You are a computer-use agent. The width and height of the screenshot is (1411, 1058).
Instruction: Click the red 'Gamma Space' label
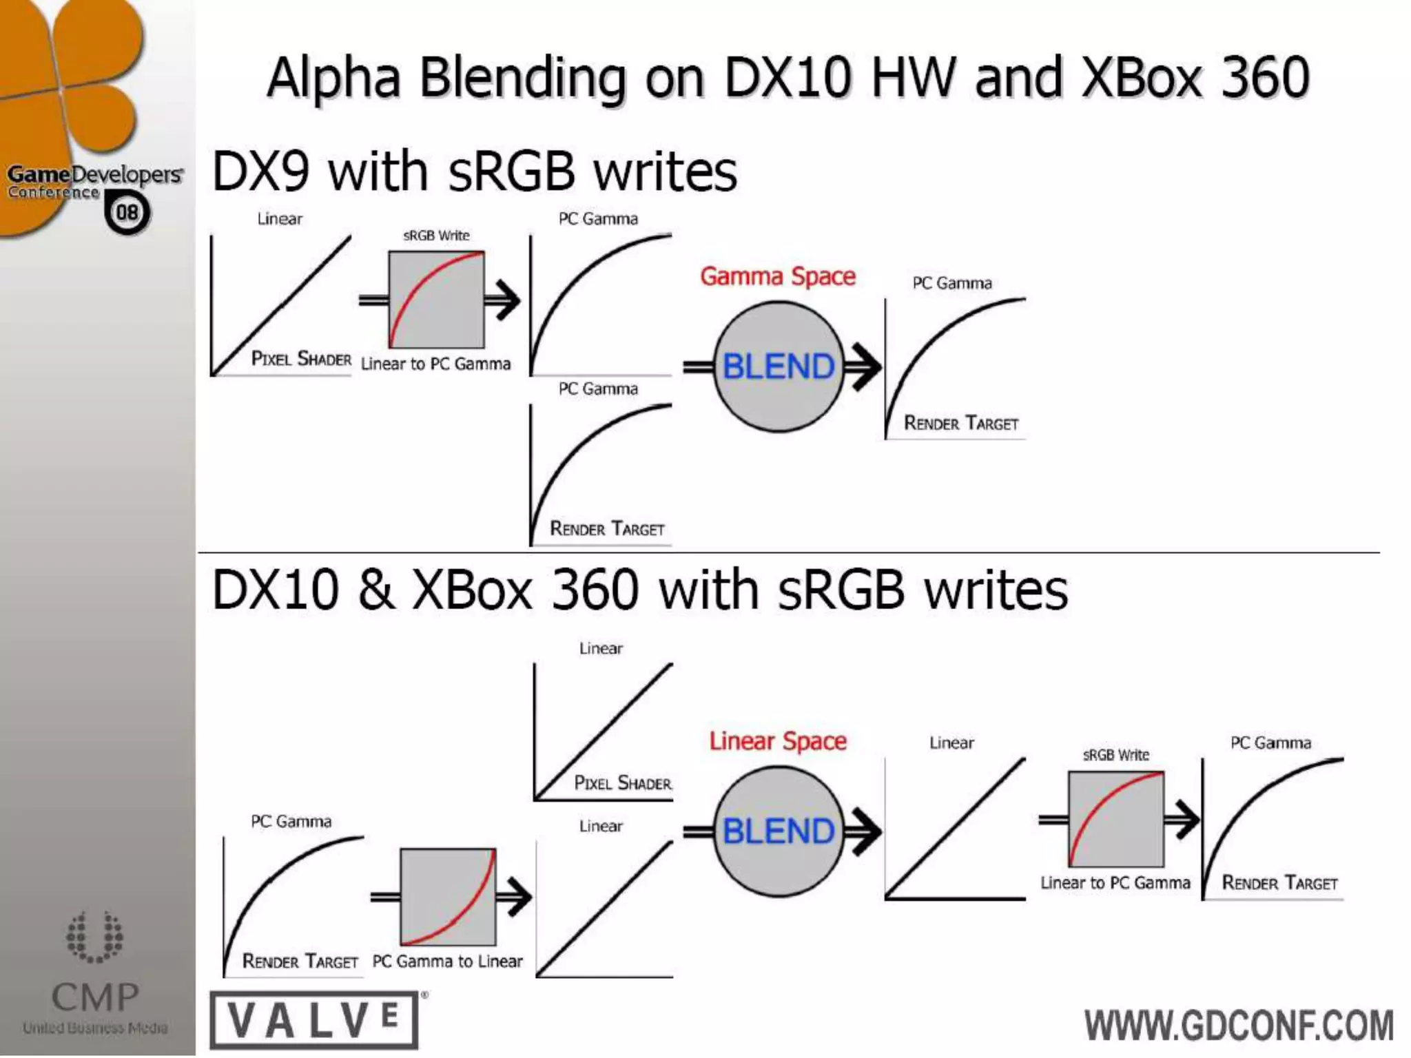[778, 277]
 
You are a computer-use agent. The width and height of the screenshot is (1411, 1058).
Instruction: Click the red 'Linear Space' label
[778, 741]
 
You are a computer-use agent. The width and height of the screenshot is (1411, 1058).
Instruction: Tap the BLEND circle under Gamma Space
[779, 366]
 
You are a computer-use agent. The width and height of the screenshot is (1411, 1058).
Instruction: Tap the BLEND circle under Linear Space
[779, 831]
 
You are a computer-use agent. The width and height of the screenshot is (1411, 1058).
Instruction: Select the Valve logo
[314, 1020]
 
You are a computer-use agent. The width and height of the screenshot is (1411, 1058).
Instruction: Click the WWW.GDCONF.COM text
[1239, 1025]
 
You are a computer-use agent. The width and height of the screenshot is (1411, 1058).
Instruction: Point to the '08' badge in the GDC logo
[127, 212]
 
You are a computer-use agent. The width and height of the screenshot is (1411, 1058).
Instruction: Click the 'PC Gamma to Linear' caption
[447, 962]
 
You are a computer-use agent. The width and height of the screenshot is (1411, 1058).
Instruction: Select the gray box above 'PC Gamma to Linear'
[448, 897]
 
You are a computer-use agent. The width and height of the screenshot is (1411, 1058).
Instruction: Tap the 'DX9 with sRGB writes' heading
[474, 172]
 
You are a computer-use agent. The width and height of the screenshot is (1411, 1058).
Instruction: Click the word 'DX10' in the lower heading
[276, 590]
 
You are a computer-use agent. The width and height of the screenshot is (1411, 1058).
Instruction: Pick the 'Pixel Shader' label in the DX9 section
[301, 359]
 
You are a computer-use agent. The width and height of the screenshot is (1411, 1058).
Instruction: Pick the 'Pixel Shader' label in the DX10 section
[623, 783]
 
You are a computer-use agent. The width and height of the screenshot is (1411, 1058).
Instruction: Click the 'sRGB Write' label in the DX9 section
[436, 236]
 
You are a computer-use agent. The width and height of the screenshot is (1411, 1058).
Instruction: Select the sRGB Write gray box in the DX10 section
[1116, 819]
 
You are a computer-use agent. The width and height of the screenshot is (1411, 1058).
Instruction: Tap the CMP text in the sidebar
[95, 997]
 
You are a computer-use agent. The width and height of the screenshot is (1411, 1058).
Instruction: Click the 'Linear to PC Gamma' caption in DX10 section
[1115, 883]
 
